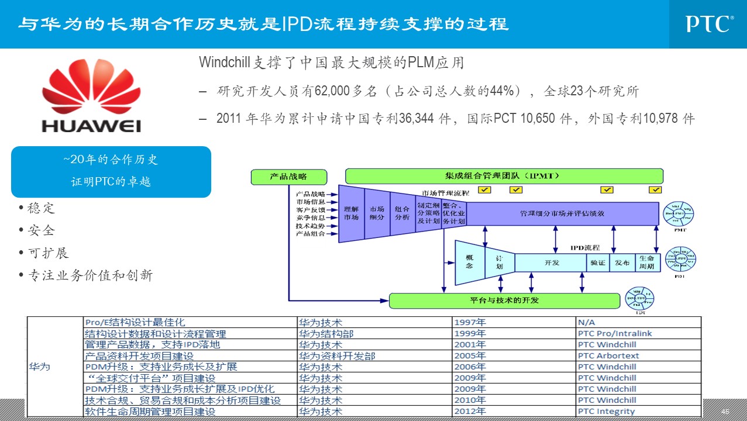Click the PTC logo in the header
(710, 24)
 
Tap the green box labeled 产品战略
(288, 177)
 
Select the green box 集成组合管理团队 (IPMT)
(504, 176)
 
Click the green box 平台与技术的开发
(504, 301)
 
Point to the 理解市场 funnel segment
(351, 213)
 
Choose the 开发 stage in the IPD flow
(551, 263)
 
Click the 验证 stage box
(597, 263)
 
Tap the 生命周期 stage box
(646, 263)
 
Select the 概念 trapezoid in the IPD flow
(469, 262)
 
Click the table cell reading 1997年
(470, 322)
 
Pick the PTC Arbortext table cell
(608, 356)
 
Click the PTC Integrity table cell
(606, 411)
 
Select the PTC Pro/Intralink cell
(614, 333)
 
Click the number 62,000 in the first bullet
(332, 91)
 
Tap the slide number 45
(725, 412)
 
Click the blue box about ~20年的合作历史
(111, 171)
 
